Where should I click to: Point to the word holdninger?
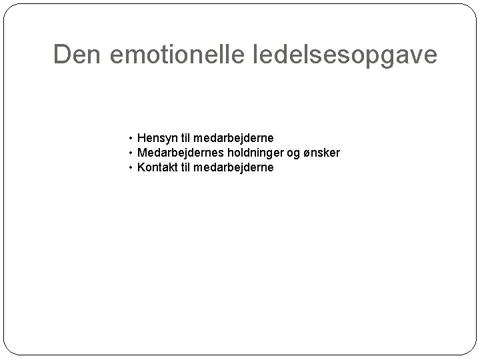pyautogui.click(x=247, y=153)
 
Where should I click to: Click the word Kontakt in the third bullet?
pyautogui.click(x=157, y=167)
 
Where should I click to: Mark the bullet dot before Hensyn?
pyautogui.click(x=131, y=139)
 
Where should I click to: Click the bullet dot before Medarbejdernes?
pyautogui.click(x=131, y=153)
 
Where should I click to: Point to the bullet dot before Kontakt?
pyautogui.click(x=131, y=167)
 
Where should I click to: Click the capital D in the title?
pyautogui.click(x=62, y=55)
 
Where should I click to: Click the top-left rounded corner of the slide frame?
pyautogui.click(x=9, y=9)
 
